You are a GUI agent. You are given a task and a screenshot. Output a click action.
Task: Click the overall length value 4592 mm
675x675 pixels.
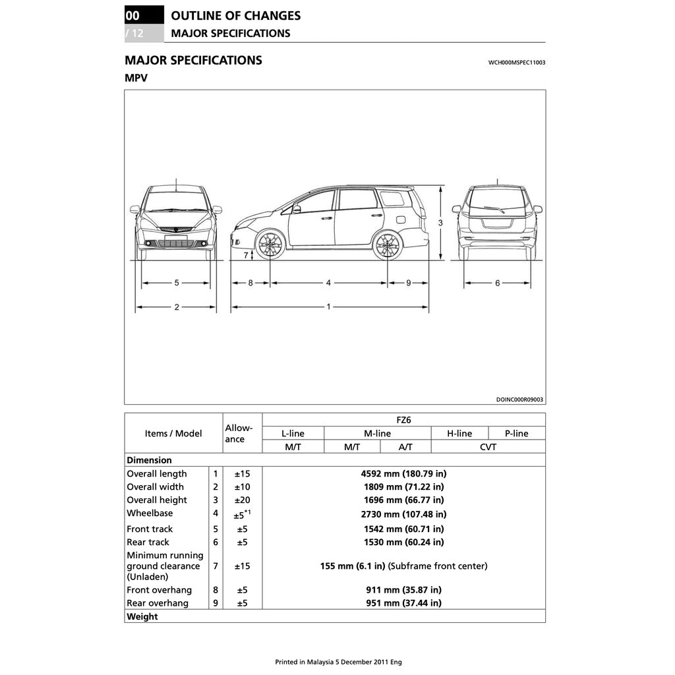click(403, 473)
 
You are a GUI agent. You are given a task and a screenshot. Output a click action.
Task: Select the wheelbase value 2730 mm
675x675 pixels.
click(403, 514)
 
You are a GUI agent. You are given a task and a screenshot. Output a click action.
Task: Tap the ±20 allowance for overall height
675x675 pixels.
click(242, 500)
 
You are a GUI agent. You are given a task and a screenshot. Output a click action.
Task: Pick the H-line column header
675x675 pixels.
click(459, 433)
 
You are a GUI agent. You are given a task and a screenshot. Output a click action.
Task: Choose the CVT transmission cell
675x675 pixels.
click(488, 447)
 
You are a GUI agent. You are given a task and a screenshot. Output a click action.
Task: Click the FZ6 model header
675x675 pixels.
click(403, 419)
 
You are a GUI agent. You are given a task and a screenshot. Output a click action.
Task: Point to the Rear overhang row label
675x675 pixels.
click(158, 603)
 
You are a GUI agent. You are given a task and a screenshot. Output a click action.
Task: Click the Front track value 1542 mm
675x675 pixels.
click(403, 529)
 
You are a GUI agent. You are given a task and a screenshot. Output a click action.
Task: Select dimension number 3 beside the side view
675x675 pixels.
click(440, 223)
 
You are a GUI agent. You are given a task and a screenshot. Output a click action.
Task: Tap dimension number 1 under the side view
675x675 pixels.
click(329, 307)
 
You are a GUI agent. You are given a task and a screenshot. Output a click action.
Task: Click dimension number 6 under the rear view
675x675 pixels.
click(498, 283)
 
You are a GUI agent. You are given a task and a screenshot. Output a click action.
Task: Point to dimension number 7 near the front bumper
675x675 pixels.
click(245, 254)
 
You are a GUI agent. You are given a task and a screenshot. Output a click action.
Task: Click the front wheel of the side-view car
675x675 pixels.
click(270, 245)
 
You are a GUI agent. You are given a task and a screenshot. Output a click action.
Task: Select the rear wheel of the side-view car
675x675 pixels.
click(387, 245)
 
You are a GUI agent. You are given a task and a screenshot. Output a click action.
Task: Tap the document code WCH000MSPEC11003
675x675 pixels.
click(516, 63)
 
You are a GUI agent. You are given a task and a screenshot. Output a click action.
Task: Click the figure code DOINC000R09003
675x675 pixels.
click(519, 399)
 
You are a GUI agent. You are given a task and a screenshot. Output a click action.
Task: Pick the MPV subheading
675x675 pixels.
click(136, 78)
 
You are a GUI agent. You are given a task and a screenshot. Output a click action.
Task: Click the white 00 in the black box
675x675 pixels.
click(132, 15)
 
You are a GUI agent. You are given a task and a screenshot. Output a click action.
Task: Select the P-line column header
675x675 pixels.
click(516, 433)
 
